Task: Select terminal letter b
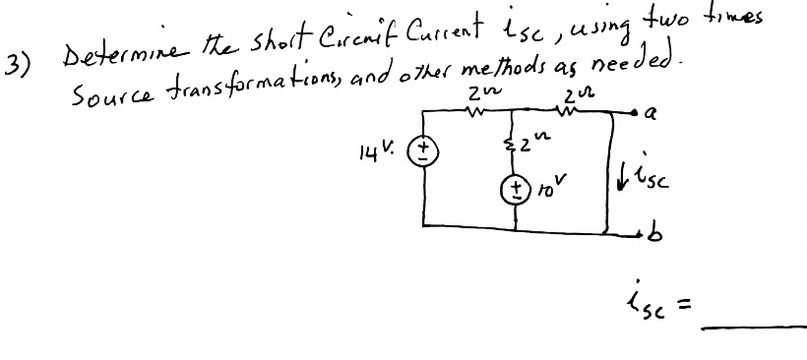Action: point(650,236)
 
